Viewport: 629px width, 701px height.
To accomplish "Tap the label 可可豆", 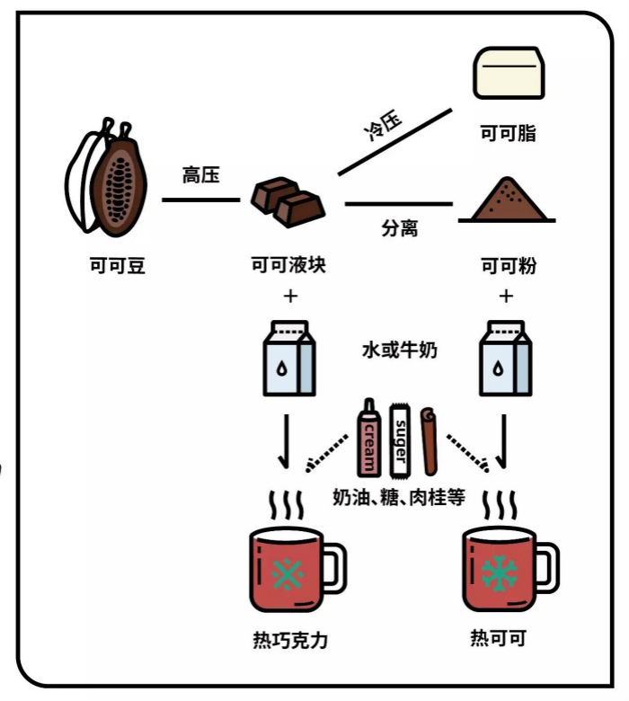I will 117,266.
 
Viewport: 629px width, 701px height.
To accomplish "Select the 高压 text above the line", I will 200,175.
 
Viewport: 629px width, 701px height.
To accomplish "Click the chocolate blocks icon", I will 287,201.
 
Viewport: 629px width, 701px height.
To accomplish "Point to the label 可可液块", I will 288,266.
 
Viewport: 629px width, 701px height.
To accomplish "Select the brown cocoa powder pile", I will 509,200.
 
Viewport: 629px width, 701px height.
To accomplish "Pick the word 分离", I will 399,229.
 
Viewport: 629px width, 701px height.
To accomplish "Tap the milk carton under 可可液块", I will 288,359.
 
